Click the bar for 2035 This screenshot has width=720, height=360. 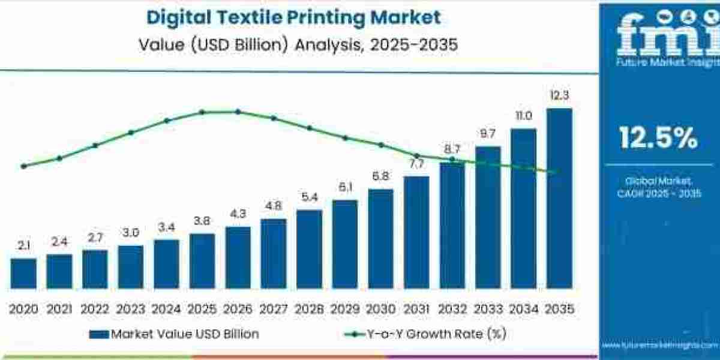[559, 198]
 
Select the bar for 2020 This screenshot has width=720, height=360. [23, 273]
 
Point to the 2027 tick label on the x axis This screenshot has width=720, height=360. [274, 309]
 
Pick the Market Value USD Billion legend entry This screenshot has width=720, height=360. [174, 334]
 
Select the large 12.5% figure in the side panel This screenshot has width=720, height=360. [658, 139]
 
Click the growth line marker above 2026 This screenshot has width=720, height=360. [238, 112]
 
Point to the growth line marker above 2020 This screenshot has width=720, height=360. [23, 166]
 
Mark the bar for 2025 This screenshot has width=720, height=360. [202, 260]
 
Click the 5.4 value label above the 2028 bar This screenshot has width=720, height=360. [309, 197]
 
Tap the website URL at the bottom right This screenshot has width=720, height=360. [658, 346]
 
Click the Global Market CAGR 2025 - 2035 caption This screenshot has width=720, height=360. [658, 187]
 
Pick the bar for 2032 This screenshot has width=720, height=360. [452, 225]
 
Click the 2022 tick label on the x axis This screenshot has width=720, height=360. [95, 309]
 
